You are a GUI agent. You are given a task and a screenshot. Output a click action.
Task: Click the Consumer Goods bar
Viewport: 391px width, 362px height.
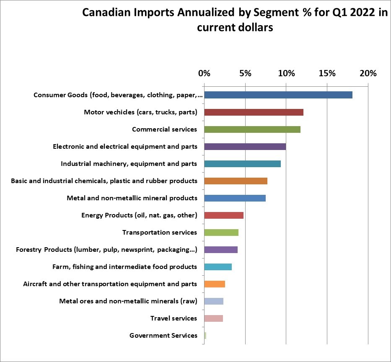[278, 95]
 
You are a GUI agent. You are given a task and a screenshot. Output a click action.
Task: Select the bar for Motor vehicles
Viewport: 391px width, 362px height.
[254, 112]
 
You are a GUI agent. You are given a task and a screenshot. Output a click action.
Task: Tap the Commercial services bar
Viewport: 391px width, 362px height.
[252, 129]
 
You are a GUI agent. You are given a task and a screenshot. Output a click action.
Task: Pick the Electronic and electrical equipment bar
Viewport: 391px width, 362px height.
[245, 147]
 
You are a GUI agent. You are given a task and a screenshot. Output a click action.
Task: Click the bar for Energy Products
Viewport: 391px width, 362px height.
[223, 215]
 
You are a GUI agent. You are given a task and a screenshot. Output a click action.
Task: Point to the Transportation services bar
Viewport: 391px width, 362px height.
[221, 233]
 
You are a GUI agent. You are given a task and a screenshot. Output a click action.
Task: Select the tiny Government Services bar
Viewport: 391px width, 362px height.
[205, 336]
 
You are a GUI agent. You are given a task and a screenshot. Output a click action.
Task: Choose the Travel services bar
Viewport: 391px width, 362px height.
[213, 318]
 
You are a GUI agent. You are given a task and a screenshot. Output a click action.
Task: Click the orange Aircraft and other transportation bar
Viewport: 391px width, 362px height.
[214, 284]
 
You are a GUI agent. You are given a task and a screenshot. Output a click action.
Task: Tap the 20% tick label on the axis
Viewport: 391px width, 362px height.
[368, 73]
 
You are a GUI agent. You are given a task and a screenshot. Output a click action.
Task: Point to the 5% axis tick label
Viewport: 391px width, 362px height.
[245, 73]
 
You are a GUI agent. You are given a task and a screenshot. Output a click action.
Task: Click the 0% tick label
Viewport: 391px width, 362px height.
[204, 73]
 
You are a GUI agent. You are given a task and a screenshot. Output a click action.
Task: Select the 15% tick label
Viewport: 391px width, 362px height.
[327, 73]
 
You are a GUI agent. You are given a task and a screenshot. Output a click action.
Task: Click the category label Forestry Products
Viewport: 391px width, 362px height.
[106, 250]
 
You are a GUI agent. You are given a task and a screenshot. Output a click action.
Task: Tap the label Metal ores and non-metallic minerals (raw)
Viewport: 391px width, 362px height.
[128, 301]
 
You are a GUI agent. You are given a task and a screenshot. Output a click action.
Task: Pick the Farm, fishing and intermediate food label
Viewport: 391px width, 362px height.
[124, 267]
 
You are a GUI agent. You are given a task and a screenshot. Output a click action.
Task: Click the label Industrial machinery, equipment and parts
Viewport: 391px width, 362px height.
[129, 164]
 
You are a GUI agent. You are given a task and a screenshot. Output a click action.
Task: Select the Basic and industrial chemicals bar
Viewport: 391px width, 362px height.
[236, 181]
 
